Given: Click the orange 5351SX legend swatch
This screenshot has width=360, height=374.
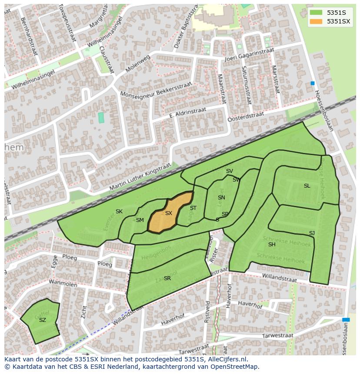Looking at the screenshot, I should point(317,21).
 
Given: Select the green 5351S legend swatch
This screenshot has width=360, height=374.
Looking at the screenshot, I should point(317,12).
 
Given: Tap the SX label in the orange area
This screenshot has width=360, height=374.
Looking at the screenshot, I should point(169,213).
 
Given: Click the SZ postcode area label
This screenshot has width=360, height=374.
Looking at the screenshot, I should point(42,320).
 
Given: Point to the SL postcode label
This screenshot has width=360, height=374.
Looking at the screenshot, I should point(307,186).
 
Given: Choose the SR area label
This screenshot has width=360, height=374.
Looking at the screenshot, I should point(167,278).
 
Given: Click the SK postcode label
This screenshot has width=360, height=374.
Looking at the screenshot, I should point(119,212).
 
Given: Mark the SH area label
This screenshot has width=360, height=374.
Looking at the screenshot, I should point(272,245).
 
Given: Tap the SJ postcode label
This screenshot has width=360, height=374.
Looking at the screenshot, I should point(312,233).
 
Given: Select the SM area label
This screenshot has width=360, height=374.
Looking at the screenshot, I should point(140,220).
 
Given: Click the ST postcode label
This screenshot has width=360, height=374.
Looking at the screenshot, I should point(193,208).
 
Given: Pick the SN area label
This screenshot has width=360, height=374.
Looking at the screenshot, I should point(221,198).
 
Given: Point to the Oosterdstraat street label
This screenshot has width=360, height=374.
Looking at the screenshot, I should point(246,116).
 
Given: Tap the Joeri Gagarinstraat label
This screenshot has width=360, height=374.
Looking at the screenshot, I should point(249,55).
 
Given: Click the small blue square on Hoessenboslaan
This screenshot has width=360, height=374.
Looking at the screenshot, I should point(312,83).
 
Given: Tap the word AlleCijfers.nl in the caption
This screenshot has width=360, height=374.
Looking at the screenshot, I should point(227,359).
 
